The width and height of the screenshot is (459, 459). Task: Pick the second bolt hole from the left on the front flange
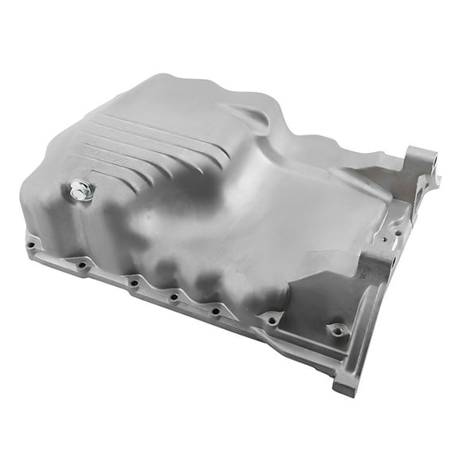tap(82, 264)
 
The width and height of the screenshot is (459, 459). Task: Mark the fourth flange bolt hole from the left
tap(174, 298)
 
